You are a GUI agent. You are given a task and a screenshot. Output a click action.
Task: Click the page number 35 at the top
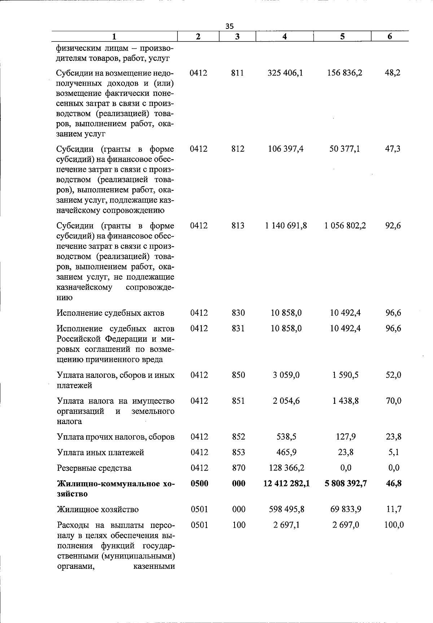pos(229,26)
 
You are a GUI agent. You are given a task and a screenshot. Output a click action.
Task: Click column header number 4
pos(285,36)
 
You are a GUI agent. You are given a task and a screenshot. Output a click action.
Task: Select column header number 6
pos(390,36)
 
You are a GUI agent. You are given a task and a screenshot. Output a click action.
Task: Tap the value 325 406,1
pos(285,73)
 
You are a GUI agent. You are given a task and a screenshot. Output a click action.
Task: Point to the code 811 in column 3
pos(237,73)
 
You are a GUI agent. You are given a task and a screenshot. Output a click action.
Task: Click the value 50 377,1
pos(345,149)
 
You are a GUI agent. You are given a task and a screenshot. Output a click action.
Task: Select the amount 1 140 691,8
pos(286,226)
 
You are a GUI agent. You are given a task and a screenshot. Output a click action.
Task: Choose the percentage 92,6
pos(393,226)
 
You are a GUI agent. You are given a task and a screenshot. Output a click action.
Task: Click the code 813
pos(238,226)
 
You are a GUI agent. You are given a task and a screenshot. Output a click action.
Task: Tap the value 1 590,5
pos(345,375)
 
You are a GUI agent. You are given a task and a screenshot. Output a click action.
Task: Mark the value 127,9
pos(346,437)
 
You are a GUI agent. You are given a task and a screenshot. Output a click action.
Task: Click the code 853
pos(238,452)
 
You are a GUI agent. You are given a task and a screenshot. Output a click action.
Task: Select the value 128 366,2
pos(287,468)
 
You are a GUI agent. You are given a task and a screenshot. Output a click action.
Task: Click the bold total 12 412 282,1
pos(287,483)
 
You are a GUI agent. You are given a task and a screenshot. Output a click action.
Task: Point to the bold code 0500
pos(199,483)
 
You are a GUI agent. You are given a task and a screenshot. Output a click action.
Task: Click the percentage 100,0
pos(394,525)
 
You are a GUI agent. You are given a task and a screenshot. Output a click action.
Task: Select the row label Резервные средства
pos(94,468)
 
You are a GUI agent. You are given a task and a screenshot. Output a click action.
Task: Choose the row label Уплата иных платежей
pos(101,453)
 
